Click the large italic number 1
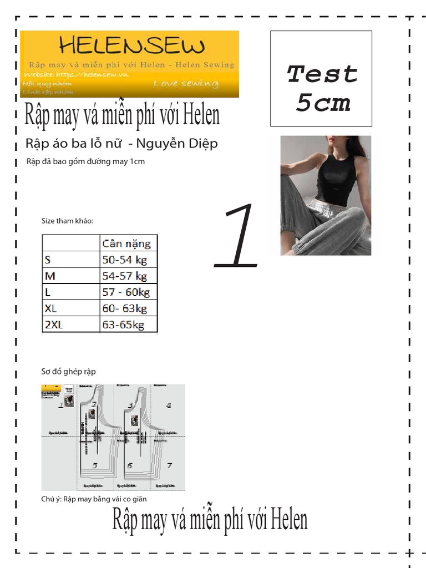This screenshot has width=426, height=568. [x=238, y=236]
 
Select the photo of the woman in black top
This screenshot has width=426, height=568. [x=326, y=195]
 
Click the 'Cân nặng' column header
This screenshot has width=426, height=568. [x=126, y=243]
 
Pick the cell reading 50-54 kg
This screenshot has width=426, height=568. [x=125, y=260]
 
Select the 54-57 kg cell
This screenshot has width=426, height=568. [x=125, y=276]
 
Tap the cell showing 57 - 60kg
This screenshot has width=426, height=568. [x=126, y=292]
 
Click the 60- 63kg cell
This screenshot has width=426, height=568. [x=125, y=308]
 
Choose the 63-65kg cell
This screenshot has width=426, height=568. [x=123, y=324]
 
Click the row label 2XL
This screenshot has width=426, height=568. [x=54, y=324]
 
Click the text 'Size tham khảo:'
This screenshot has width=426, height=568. [x=68, y=221]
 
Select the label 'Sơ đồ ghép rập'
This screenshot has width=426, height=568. [x=68, y=371]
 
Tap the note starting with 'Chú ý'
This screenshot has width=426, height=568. [x=94, y=499]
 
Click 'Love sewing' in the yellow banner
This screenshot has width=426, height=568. [x=186, y=84]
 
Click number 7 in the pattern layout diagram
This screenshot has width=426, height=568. [x=169, y=466]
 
